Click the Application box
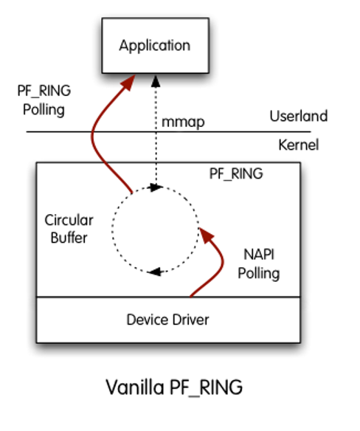(x=156, y=46)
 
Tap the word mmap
(x=183, y=123)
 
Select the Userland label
(x=299, y=116)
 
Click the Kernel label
(x=299, y=145)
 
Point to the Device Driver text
(x=167, y=320)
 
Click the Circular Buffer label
(x=69, y=229)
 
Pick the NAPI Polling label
(x=259, y=264)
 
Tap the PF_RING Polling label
(x=44, y=100)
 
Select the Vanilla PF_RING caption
(x=174, y=387)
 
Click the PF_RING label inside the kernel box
(x=236, y=173)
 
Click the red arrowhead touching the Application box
(x=128, y=82)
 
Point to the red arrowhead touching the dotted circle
(x=206, y=235)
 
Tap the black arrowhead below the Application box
(x=156, y=82)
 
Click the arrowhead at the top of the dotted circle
(x=155, y=187)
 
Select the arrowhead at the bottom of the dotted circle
(x=156, y=272)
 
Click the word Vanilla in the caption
(x=135, y=387)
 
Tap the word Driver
(x=190, y=320)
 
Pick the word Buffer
(x=69, y=238)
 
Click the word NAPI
(x=259, y=255)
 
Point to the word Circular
(x=69, y=220)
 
